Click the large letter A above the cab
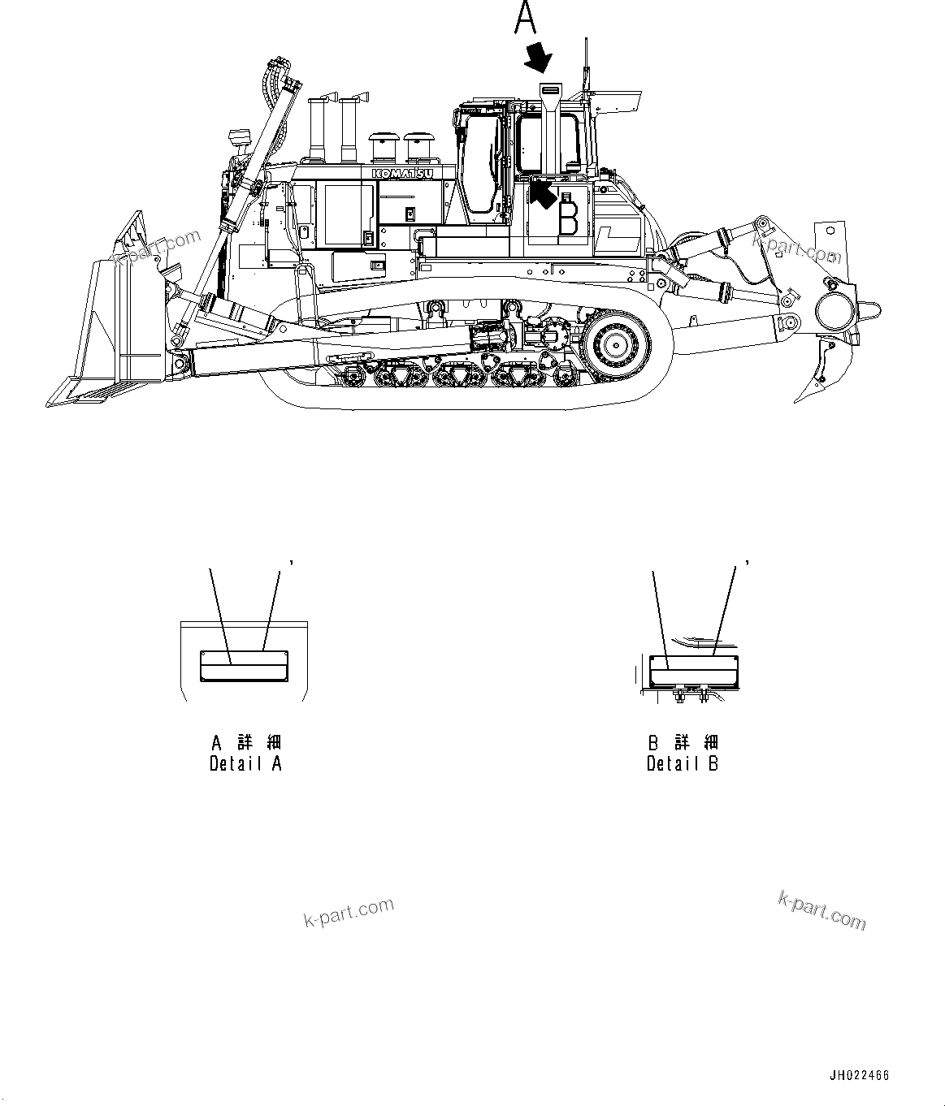point(526,19)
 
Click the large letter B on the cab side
point(568,215)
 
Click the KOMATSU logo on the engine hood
point(403,173)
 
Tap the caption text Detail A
point(245,763)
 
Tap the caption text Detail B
point(683,763)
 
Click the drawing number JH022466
point(859,1075)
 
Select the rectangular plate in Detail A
point(244,665)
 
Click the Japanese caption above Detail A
point(245,742)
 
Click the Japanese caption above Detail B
point(683,742)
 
